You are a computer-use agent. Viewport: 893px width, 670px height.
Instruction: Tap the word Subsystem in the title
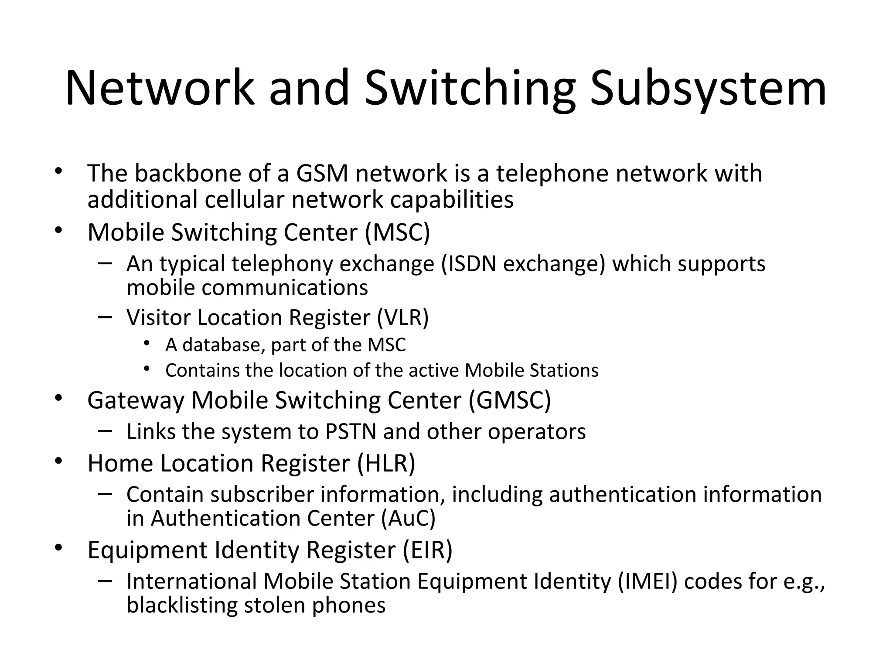pos(708,88)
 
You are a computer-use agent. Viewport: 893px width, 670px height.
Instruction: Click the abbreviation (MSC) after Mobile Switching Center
pos(398,232)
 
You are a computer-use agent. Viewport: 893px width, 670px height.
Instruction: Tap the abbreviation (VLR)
pos(403,317)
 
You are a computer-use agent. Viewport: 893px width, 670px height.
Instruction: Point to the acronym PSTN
pos(351,432)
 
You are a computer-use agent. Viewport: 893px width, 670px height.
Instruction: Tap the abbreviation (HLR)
pos(386,463)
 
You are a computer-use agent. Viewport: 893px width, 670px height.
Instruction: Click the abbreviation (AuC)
pos(408,519)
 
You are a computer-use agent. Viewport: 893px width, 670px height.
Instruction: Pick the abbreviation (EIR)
pos(427,550)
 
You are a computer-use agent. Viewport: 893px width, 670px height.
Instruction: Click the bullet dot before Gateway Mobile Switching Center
pos(59,398)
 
